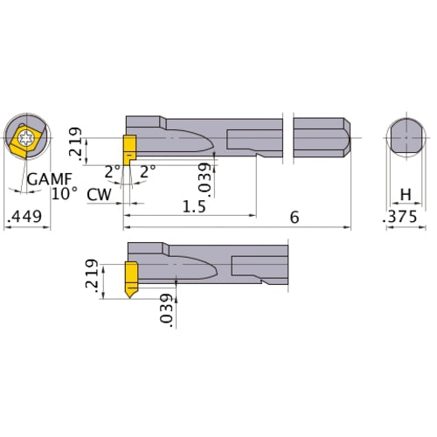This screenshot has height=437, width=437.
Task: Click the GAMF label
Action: (x=45, y=179)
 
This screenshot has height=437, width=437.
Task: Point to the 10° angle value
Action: (x=65, y=193)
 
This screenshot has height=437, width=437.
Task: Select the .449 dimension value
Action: (x=23, y=218)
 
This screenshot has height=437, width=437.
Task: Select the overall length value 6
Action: (x=294, y=217)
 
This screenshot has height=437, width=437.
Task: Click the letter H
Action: (x=405, y=193)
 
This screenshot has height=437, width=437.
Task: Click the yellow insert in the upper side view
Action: (x=128, y=145)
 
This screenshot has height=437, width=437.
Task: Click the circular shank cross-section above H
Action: (x=406, y=137)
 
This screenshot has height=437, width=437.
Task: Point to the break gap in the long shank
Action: (x=288, y=137)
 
